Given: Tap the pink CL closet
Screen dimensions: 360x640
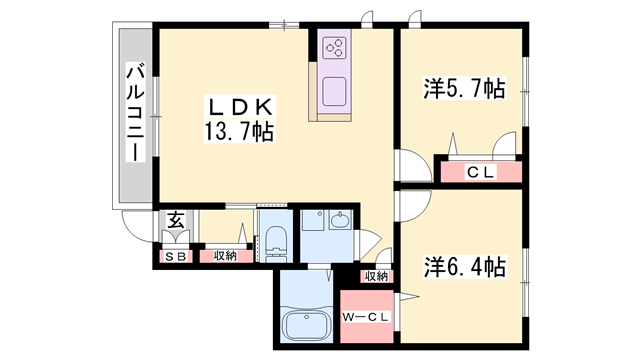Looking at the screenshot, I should tap(481, 172).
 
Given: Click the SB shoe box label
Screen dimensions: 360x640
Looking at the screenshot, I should tap(175, 256).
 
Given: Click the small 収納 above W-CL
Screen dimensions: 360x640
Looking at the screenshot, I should tap(375, 276).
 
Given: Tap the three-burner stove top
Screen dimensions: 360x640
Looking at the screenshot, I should tap(335, 47).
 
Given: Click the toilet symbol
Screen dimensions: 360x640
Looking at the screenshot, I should tap(274, 240).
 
